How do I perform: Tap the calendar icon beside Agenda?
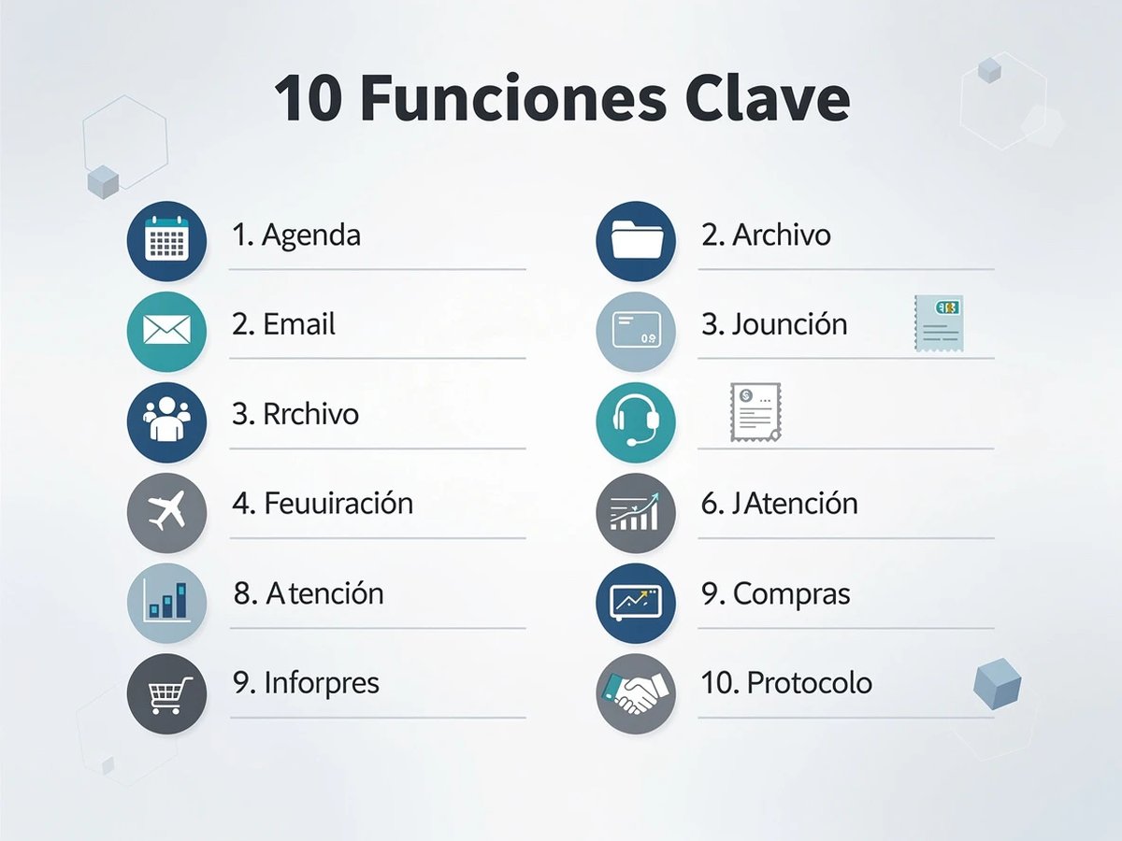(x=166, y=241)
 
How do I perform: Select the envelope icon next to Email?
(x=166, y=331)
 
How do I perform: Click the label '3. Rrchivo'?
(x=295, y=414)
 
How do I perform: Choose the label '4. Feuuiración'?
(x=323, y=504)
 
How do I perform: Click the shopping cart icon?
(x=166, y=693)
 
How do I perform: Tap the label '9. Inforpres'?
(x=307, y=683)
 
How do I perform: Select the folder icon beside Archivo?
(x=636, y=241)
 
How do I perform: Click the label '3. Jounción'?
(x=775, y=325)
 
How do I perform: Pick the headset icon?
(x=636, y=422)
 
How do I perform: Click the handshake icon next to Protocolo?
(x=636, y=693)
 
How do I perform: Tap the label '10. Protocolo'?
(x=787, y=683)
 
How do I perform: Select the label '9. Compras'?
(x=776, y=593)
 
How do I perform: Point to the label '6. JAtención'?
(x=780, y=504)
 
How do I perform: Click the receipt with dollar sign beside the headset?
(x=755, y=412)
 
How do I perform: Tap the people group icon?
(x=166, y=421)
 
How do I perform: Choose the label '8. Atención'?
(x=309, y=593)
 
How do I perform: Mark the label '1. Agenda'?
(x=296, y=235)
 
